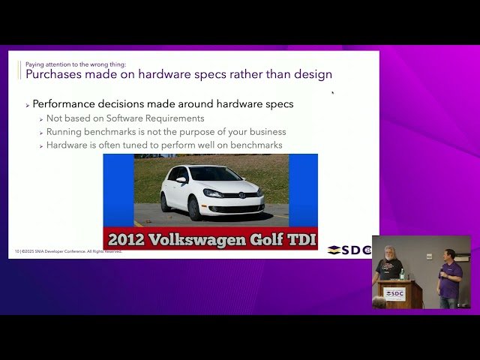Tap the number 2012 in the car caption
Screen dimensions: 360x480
tap(127, 240)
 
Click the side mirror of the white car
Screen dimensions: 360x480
tap(181, 180)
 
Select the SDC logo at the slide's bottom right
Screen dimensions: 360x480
tap(349, 250)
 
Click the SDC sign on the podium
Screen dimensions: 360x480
tap(395, 294)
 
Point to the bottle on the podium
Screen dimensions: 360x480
tap(402, 274)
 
